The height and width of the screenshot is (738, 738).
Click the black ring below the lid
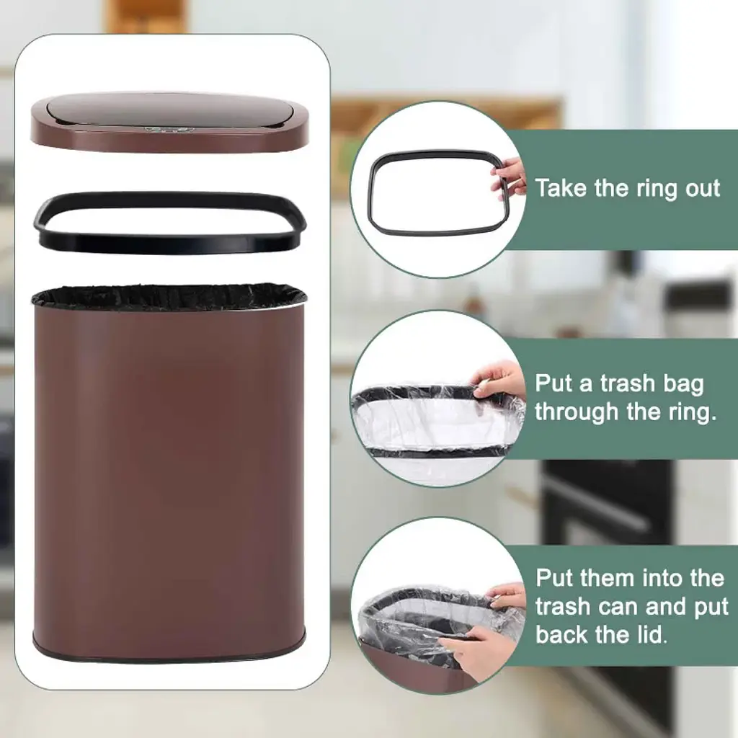click(169, 242)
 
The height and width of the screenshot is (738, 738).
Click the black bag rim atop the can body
click(169, 295)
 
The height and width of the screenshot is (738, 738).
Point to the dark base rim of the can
click(169, 652)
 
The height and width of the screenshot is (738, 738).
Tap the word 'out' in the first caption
click(702, 189)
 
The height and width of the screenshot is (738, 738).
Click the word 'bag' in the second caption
click(683, 385)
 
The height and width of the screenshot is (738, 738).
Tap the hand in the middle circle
click(499, 381)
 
